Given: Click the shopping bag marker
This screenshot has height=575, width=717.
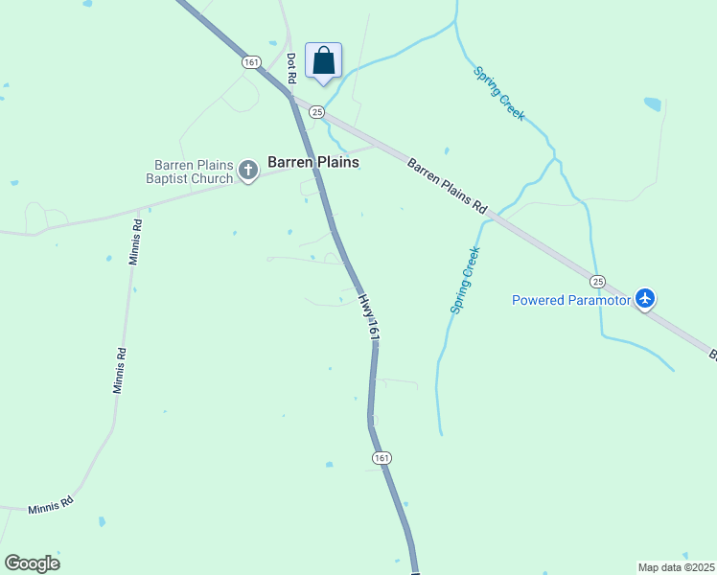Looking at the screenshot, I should click(x=323, y=60).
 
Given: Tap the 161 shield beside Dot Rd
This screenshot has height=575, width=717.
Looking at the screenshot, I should click(x=251, y=61).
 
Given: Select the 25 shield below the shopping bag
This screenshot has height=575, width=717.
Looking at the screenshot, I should click(x=316, y=112).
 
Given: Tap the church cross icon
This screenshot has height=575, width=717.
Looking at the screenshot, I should click(x=248, y=172).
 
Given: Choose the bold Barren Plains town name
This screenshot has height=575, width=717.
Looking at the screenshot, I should click(x=312, y=163).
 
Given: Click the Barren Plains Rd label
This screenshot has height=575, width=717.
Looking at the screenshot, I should click(x=448, y=186).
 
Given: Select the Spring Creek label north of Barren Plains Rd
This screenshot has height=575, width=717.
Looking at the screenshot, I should click(x=498, y=93).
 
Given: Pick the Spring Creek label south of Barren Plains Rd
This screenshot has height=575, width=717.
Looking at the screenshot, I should click(x=464, y=280).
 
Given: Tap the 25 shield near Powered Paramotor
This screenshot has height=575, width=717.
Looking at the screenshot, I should click(x=597, y=282).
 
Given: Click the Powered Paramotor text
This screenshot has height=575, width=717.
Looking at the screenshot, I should click(x=571, y=300).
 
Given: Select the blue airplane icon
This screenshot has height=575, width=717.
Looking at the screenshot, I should click(x=645, y=300).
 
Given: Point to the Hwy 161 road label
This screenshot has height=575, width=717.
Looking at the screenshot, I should click(x=369, y=318).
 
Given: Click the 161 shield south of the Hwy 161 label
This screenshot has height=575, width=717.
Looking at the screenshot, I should click(x=382, y=458).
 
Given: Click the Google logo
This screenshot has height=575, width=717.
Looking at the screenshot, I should click(x=32, y=563).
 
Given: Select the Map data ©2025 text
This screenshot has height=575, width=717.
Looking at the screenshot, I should click(x=676, y=567).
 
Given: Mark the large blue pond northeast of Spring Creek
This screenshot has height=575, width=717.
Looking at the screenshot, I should click(x=653, y=103).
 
